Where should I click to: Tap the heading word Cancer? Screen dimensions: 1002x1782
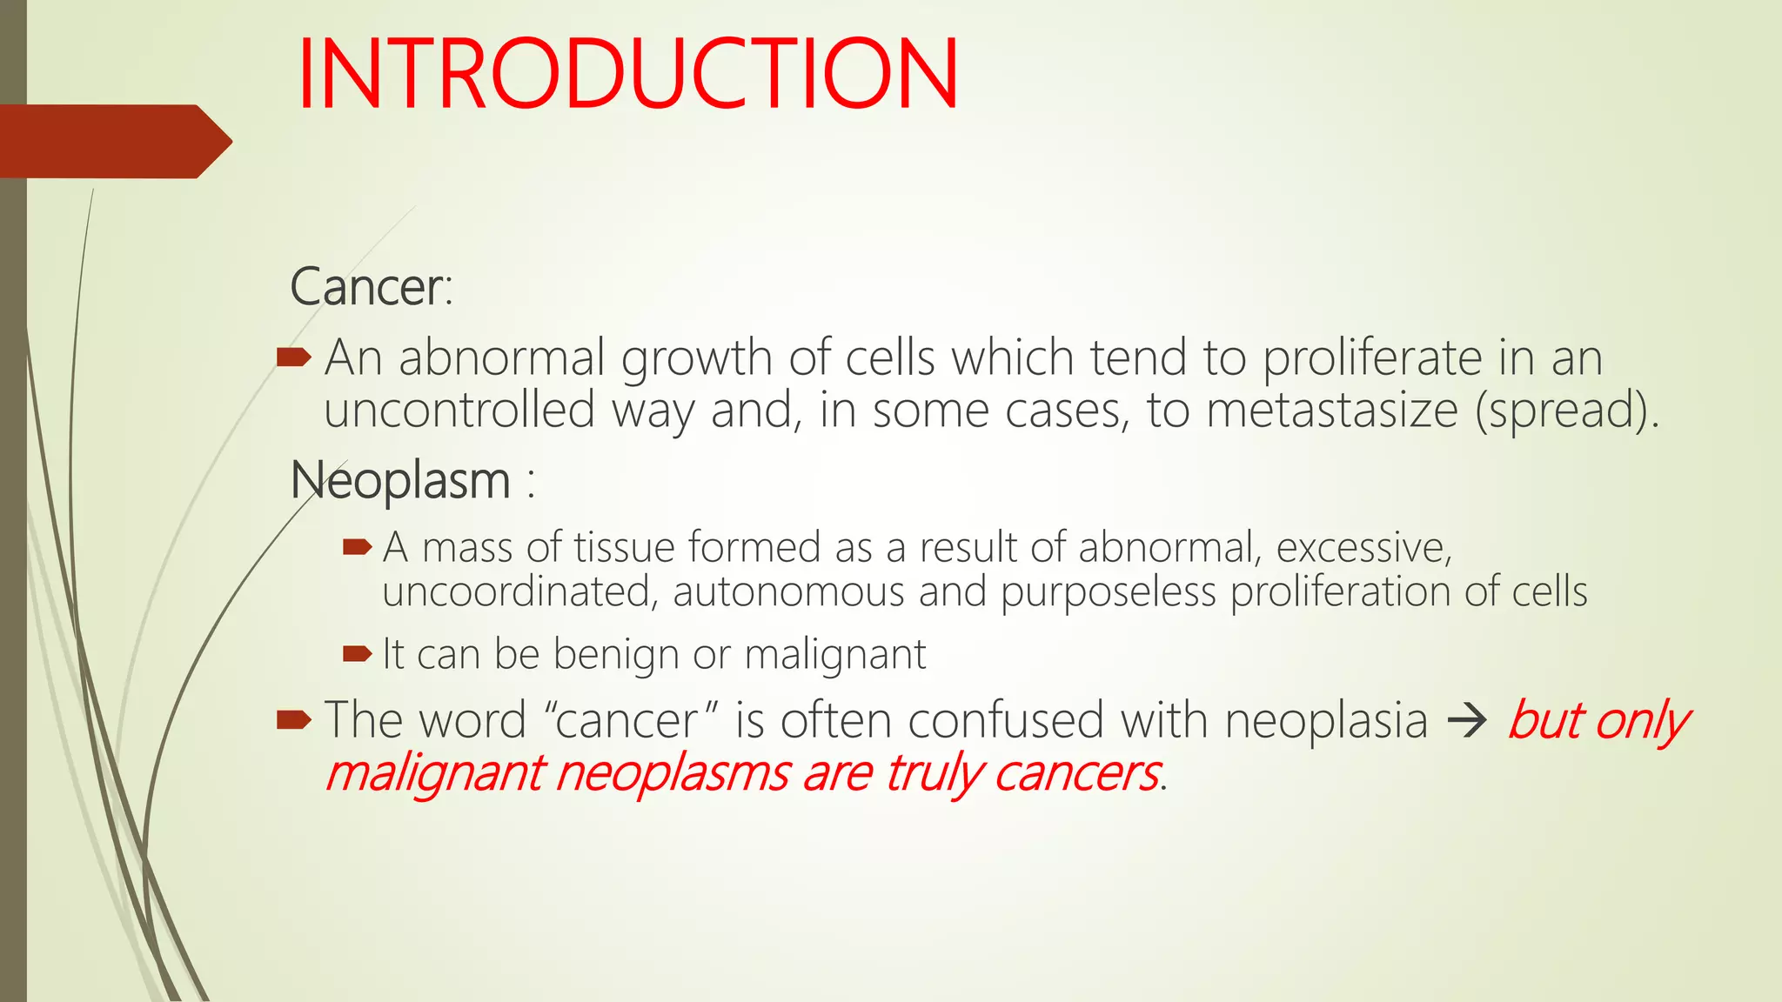point(372,287)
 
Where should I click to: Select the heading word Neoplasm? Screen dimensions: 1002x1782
point(400,480)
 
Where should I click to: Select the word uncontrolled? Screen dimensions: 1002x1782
point(459,411)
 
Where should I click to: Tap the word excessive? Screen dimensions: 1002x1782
point(1363,548)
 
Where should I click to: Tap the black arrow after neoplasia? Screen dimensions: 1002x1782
point(1468,722)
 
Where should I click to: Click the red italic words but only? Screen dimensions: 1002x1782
point(1598,721)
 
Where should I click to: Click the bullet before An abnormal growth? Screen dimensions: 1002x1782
point(293,357)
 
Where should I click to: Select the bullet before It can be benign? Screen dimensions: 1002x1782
point(357,653)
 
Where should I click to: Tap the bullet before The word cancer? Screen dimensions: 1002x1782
point(293,719)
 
